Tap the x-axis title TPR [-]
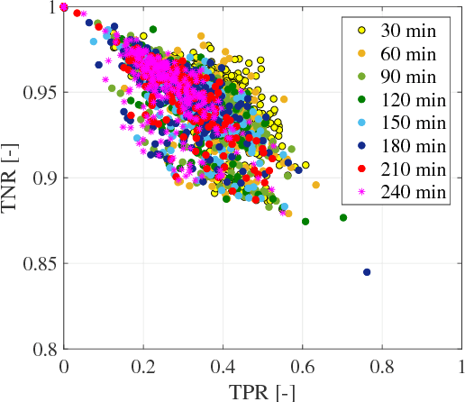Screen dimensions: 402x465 coord(262,392)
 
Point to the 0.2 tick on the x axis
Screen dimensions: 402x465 coord(143,368)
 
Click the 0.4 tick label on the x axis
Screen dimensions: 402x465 coord(223,368)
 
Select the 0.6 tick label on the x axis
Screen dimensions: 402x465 coord(302,368)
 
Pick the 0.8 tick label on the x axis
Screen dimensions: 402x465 coord(381,368)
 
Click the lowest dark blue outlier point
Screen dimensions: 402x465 coord(367,271)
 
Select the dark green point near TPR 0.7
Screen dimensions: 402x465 coord(343,217)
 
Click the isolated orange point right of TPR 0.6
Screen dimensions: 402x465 coord(315,185)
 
